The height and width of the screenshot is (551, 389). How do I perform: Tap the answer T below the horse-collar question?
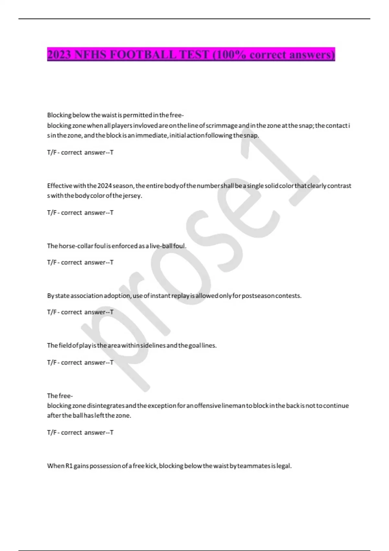coord(112,262)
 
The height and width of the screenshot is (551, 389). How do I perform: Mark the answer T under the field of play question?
coord(112,362)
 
